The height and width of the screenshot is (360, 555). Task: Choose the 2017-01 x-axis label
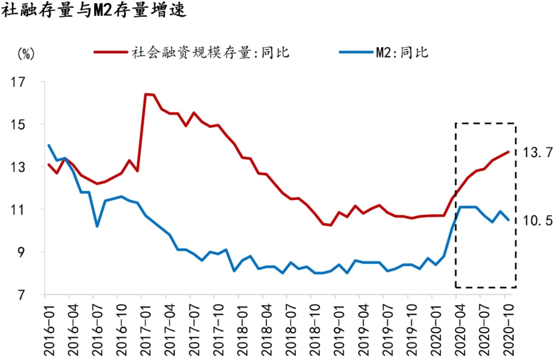pos(141,328)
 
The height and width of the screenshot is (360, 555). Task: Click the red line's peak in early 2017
pos(146,94)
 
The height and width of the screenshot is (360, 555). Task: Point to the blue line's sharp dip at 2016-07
pos(97,226)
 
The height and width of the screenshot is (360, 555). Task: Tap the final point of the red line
pos(508,151)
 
